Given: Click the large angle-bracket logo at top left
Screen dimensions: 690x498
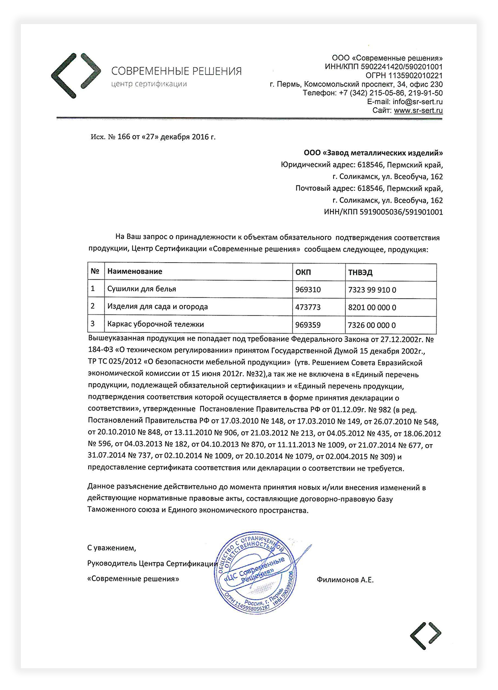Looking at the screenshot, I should pyautogui.click(x=76, y=75).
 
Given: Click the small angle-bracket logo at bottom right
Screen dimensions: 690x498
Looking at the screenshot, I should pyautogui.click(x=425, y=635).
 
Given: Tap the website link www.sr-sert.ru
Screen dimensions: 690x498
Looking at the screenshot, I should pyautogui.click(x=418, y=110).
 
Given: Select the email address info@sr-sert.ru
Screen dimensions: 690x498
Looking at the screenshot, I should pyautogui.click(x=418, y=102).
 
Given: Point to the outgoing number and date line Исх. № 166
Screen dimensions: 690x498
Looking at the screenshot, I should pyautogui.click(x=153, y=137).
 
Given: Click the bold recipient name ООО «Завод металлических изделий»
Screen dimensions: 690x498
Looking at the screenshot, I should pyautogui.click(x=373, y=153).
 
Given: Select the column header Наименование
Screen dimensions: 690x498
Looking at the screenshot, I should pyautogui.click(x=134, y=271).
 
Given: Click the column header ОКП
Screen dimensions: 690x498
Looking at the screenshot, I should pyautogui.click(x=303, y=272).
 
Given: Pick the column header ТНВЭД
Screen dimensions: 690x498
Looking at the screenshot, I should pyautogui.click(x=360, y=272).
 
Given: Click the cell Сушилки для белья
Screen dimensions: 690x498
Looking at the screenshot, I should pyautogui.click(x=142, y=289).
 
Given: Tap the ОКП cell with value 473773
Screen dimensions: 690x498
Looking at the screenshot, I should pyautogui.click(x=308, y=307).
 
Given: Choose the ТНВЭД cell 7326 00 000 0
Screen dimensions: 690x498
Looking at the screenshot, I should pyautogui.click(x=372, y=325).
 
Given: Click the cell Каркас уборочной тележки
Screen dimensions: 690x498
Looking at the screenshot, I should pyautogui.click(x=155, y=325).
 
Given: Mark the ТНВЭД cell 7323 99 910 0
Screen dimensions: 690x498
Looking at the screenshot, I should pyautogui.click(x=372, y=290).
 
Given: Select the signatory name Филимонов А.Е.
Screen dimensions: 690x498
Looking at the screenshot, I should pyautogui.click(x=345, y=580).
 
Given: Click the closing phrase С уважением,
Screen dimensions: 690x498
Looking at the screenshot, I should pyautogui.click(x=112, y=548).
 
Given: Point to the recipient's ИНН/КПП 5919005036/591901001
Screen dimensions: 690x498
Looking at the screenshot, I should pyautogui.click(x=383, y=212).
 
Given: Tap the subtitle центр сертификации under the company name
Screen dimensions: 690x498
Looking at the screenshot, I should pyautogui.click(x=149, y=84).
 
